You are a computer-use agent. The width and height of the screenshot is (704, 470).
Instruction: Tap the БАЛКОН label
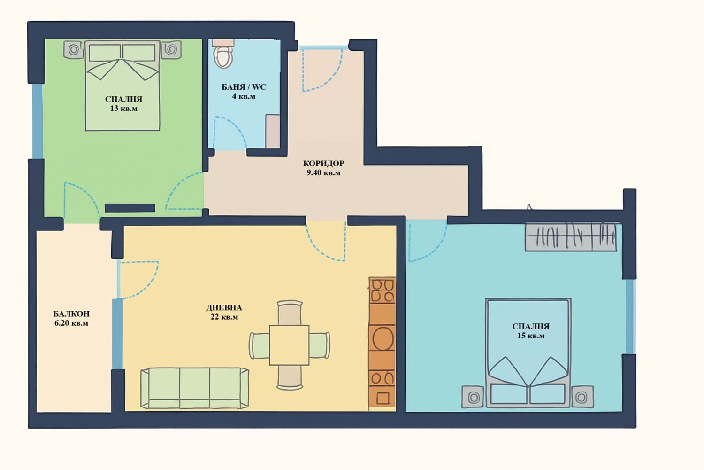click(x=71, y=313)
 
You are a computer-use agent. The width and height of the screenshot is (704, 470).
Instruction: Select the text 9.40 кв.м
click(x=323, y=173)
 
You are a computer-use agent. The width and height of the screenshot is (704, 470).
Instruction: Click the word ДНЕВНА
click(x=224, y=307)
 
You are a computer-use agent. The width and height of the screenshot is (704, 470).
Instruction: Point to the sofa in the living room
click(x=195, y=388)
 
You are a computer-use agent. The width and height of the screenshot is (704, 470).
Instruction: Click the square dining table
click(x=289, y=345)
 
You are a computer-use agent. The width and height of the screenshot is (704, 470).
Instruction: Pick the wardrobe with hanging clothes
click(x=570, y=237)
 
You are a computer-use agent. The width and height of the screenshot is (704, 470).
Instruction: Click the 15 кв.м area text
click(x=531, y=336)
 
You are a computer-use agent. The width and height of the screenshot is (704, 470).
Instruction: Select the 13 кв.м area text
click(x=123, y=109)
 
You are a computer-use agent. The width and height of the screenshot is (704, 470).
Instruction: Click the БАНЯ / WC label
click(x=244, y=87)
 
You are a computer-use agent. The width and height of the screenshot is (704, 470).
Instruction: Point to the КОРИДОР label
click(x=323, y=164)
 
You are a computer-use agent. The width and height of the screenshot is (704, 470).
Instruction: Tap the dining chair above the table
click(x=290, y=313)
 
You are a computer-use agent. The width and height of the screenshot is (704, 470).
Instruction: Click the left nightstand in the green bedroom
click(x=74, y=49)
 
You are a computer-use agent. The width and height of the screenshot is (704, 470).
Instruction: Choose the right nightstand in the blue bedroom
click(x=582, y=397)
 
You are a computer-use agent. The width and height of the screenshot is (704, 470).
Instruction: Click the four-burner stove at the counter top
click(x=383, y=290)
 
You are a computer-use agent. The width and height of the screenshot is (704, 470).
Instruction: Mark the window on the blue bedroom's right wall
click(x=629, y=316)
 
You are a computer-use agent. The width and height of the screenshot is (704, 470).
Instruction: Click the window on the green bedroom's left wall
click(x=38, y=121)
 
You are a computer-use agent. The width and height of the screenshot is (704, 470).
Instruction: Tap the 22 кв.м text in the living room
click(x=224, y=317)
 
